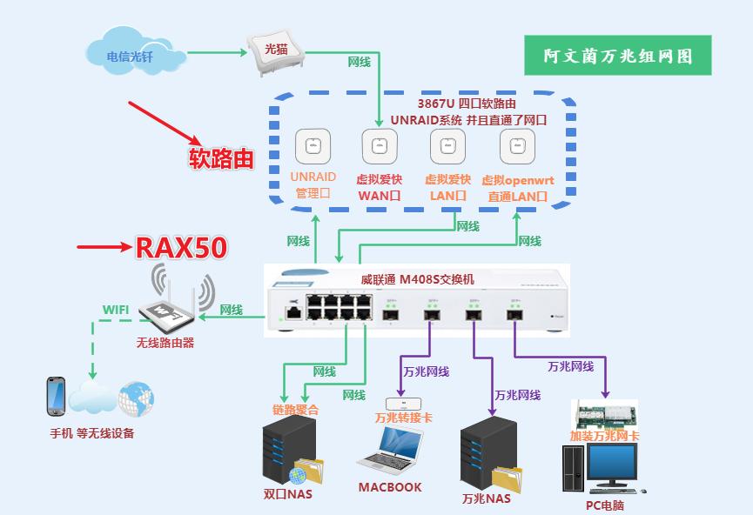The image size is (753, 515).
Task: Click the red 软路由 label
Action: pyautogui.click(x=222, y=157)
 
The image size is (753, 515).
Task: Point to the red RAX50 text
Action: pyautogui.click(x=180, y=248)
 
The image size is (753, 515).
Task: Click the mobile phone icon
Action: pyautogui.click(x=56, y=396)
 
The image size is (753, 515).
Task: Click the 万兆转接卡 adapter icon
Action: pyautogui.click(x=403, y=403)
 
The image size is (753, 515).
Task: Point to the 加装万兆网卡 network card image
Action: pyautogui.click(x=604, y=412)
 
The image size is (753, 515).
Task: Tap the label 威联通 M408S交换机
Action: pyautogui.click(x=417, y=279)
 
